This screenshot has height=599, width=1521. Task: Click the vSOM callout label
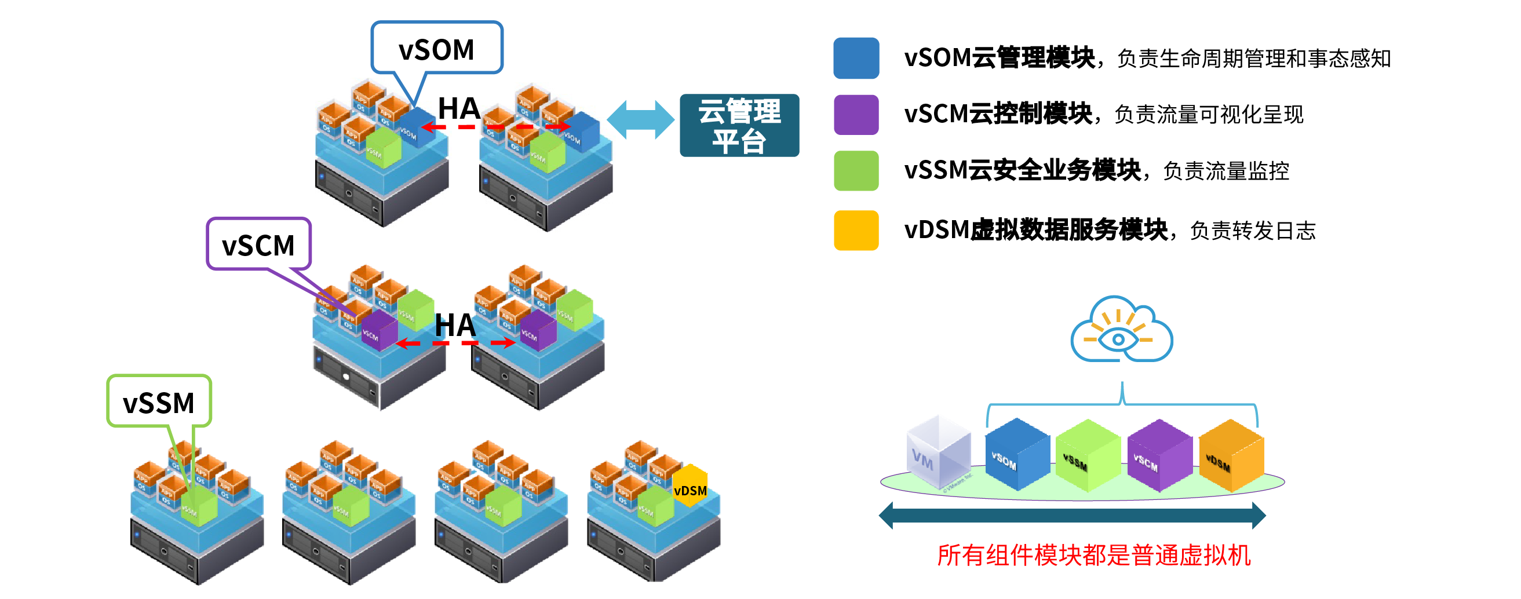pyautogui.click(x=436, y=49)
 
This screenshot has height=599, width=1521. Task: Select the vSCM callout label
pyautogui.click(x=258, y=244)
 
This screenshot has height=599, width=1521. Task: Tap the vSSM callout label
pyautogui.click(x=158, y=402)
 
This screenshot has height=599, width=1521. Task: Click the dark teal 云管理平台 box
pyautogui.click(x=739, y=125)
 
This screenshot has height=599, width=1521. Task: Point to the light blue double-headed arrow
pyautogui.click(x=641, y=120)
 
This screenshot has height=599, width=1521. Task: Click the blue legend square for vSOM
pyautogui.click(x=856, y=58)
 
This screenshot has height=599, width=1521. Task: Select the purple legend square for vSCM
pyautogui.click(x=856, y=115)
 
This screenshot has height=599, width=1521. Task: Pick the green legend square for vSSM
pyautogui.click(x=856, y=171)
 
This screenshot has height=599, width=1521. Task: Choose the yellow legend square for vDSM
pyautogui.click(x=856, y=230)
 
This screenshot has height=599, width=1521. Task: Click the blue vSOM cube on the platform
pyautogui.click(x=1016, y=454)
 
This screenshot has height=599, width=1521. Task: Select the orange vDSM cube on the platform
pyautogui.click(x=1231, y=455)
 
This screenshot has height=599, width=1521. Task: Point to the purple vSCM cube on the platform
pyautogui.click(x=1158, y=455)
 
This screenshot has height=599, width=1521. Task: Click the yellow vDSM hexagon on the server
pyautogui.click(x=690, y=485)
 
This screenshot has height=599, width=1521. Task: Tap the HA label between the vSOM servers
pyautogui.click(x=459, y=108)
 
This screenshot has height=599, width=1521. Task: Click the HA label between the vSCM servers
pyautogui.click(x=455, y=325)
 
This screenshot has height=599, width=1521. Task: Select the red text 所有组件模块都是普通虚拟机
pyautogui.click(x=1093, y=555)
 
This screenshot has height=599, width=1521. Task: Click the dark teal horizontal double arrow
pyautogui.click(x=1072, y=515)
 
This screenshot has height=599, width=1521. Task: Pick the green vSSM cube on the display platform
pyautogui.click(x=1087, y=455)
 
